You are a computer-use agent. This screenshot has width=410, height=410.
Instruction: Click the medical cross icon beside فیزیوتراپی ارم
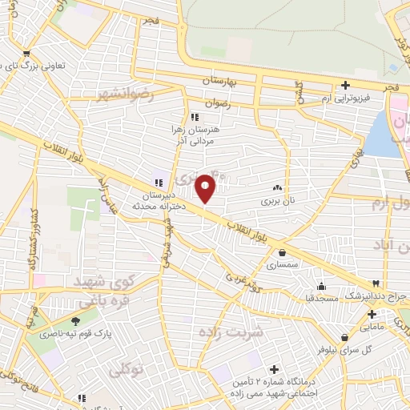(345, 85)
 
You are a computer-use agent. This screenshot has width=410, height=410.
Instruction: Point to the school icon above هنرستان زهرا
(195, 117)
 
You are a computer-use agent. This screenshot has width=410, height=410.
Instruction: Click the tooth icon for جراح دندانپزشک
(374, 283)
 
